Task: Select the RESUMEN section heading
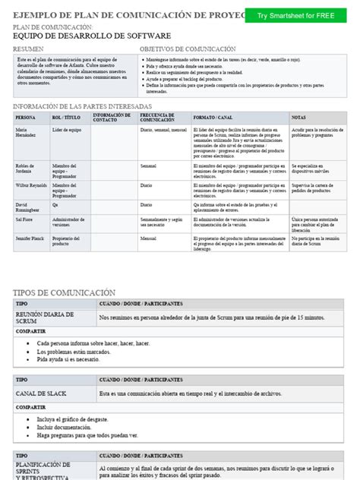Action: tap(29, 49)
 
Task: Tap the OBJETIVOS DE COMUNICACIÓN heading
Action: tap(188, 49)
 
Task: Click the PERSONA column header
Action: tap(25, 118)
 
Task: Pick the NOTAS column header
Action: tap(298, 118)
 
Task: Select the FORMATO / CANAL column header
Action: tap(213, 118)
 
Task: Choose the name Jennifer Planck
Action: tap(30, 238)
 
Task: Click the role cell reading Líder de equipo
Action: tap(66, 130)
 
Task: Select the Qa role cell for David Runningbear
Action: tap(55, 204)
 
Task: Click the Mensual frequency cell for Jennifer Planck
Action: tap(149, 238)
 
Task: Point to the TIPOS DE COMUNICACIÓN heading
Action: tap(65, 292)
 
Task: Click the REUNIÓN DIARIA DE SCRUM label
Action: tap(46, 317)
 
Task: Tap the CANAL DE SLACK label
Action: tap(44, 393)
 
